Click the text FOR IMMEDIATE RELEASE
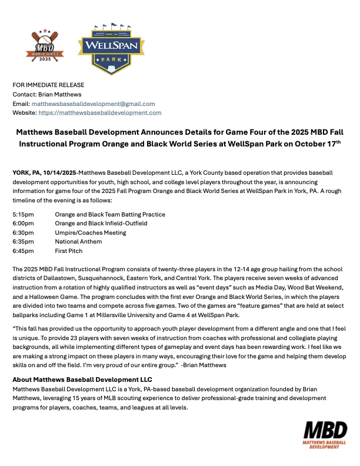[x=48, y=85]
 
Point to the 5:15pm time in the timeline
[x=24, y=214]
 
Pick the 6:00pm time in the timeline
[x=24, y=224]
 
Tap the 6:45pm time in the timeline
[x=24, y=251]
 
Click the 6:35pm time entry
[x=24, y=241]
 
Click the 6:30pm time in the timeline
[x=24, y=232]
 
